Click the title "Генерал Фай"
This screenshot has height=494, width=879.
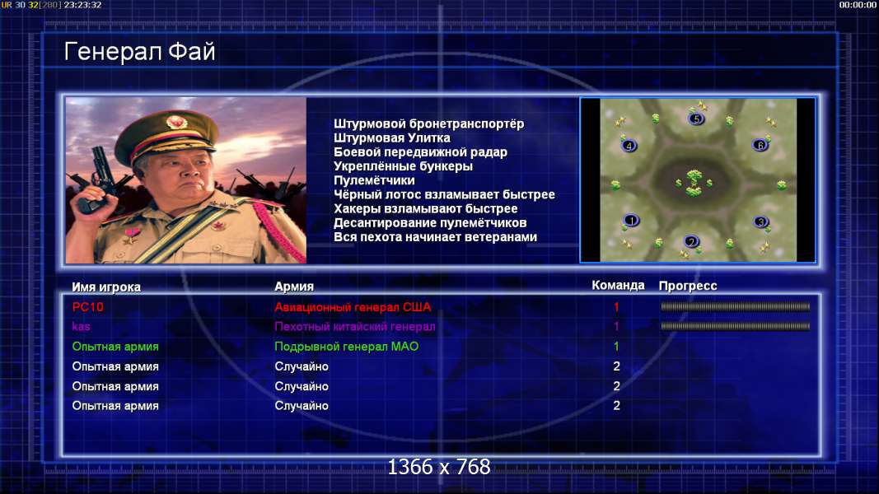(139, 52)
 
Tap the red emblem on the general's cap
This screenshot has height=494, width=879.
(176, 122)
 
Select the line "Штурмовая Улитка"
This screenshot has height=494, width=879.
(392, 137)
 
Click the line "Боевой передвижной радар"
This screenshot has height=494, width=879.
(420, 151)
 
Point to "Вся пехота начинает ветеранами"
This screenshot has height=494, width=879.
(436, 237)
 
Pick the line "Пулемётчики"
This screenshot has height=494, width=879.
(375, 180)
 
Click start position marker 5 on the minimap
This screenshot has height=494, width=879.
(696, 119)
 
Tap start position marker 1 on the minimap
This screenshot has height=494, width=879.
(631, 220)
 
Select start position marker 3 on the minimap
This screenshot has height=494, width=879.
(760, 221)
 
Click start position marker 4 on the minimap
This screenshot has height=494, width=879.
(629, 146)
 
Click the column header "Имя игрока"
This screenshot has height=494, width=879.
(106, 287)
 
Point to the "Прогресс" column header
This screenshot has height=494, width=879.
(688, 286)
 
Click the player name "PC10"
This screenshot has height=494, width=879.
(88, 307)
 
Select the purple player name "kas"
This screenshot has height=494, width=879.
(82, 327)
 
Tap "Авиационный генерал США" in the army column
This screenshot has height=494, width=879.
(353, 307)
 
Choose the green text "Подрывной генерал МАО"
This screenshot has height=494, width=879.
(347, 346)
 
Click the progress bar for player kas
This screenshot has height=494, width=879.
(736, 326)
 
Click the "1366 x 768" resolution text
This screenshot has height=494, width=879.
(439, 467)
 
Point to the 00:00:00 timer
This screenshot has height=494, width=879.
(857, 5)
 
